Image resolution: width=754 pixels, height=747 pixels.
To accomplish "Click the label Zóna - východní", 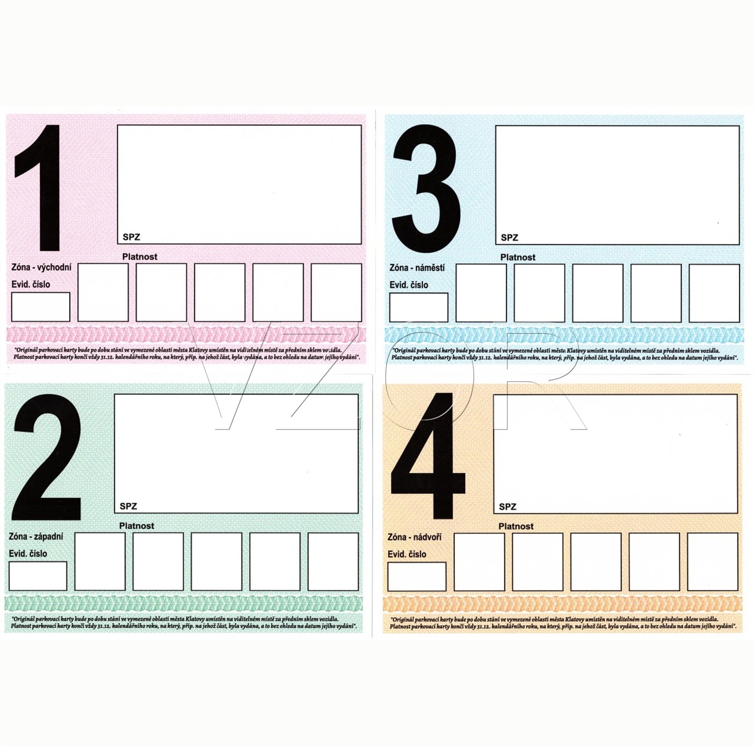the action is click(41, 268).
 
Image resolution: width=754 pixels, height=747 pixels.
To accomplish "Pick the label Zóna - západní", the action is click(36, 536).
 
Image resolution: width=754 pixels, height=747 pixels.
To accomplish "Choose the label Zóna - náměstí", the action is click(417, 268).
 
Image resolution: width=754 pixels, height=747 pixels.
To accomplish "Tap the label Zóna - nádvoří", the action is click(414, 537).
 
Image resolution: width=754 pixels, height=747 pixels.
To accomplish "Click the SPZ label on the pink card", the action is click(131, 237).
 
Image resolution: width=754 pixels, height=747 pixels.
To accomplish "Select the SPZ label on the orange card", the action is click(508, 506).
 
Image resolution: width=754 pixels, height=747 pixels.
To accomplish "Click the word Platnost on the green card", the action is click(136, 526).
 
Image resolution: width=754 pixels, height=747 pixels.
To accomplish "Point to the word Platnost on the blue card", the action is click(518, 257).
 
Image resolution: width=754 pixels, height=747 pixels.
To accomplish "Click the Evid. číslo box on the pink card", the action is click(40, 307).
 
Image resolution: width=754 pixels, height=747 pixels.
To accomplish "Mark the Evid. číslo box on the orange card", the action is click(417, 576).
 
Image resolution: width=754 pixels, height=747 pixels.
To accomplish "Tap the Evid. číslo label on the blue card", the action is click(409, 285).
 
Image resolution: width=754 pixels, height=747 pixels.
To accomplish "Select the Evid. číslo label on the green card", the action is click(28, 554).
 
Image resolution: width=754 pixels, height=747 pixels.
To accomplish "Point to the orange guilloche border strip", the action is click(563, 604).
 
